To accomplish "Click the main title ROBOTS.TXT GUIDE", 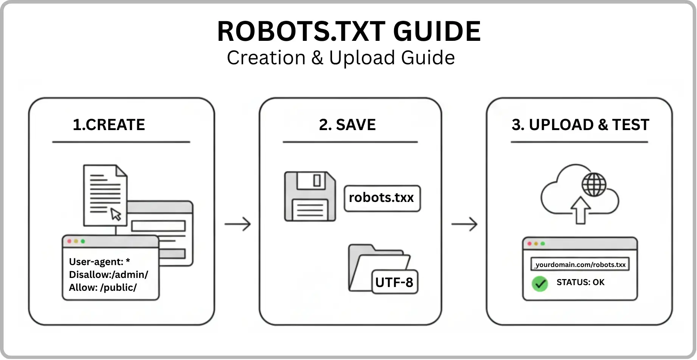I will [349, 31].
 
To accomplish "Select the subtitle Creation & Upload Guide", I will [341, 58].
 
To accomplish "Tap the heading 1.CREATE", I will [109, 125].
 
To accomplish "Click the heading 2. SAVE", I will [347, 125].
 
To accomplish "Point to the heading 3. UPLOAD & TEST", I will [580, 125].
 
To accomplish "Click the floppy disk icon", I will [310, 196].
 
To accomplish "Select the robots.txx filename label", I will [382, 198].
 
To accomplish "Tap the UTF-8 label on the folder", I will [394, 282].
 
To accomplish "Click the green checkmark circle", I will [540, 283].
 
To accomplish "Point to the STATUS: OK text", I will [580, 282].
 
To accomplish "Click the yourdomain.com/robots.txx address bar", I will [580, 264].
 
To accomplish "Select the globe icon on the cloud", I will [594, 185].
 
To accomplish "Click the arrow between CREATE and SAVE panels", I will [238, 224].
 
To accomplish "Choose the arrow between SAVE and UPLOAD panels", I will [464, 224].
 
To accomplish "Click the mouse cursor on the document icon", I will [116, 214].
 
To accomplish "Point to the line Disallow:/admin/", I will [109, 275].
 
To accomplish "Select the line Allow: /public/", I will [103, 287].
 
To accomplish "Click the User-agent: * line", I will [99, 262].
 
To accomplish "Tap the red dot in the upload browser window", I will [529, 244].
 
